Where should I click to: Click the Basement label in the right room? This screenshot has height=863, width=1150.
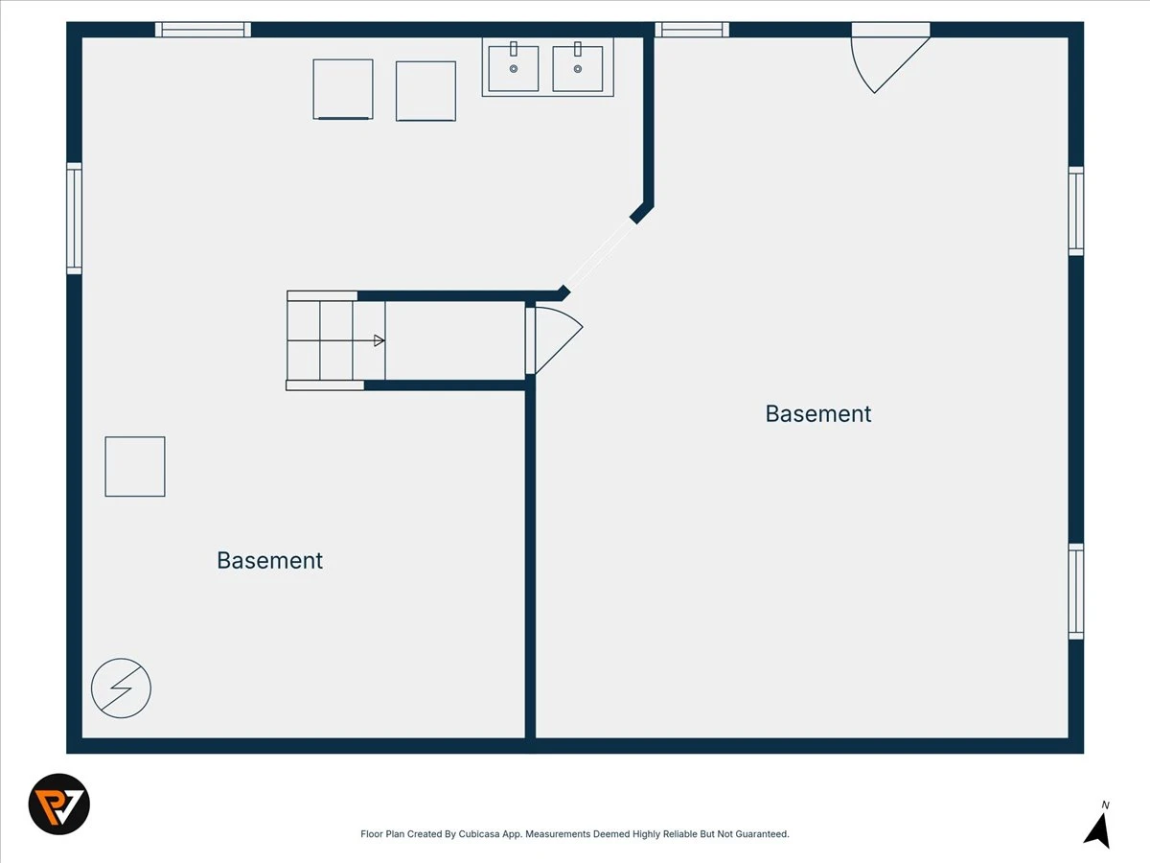(x=817, y=414)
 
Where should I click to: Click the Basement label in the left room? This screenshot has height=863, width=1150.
(x=270, y=561)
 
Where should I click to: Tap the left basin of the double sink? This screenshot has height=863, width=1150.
(x=514, y=68)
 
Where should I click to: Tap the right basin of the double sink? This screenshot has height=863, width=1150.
(x=577, y=68)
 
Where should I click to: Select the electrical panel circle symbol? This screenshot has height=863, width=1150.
(x=121, y=688)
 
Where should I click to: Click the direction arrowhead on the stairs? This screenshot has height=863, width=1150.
(x=379, y=340)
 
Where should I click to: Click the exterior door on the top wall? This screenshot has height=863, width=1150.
(x=890, y=58)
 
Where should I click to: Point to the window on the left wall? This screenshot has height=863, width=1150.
(x=75, y=218)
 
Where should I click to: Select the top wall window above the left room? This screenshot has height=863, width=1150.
(x=203, y=30)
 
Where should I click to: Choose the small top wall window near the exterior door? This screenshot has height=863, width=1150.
(x=692, y=30)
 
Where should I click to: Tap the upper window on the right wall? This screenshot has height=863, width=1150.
(x=1075, y=211)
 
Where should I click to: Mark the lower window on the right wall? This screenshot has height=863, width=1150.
(x=1075, y=592)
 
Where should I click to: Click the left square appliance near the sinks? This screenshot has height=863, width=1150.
(x=343, y=89)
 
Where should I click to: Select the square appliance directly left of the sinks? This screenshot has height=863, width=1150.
(x=425, y=91)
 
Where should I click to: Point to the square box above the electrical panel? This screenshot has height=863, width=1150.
(x=135, y=466)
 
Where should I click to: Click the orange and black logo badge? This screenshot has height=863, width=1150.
(x=59, y=804)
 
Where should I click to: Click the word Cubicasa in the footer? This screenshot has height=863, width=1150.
(x=479, y=833)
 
